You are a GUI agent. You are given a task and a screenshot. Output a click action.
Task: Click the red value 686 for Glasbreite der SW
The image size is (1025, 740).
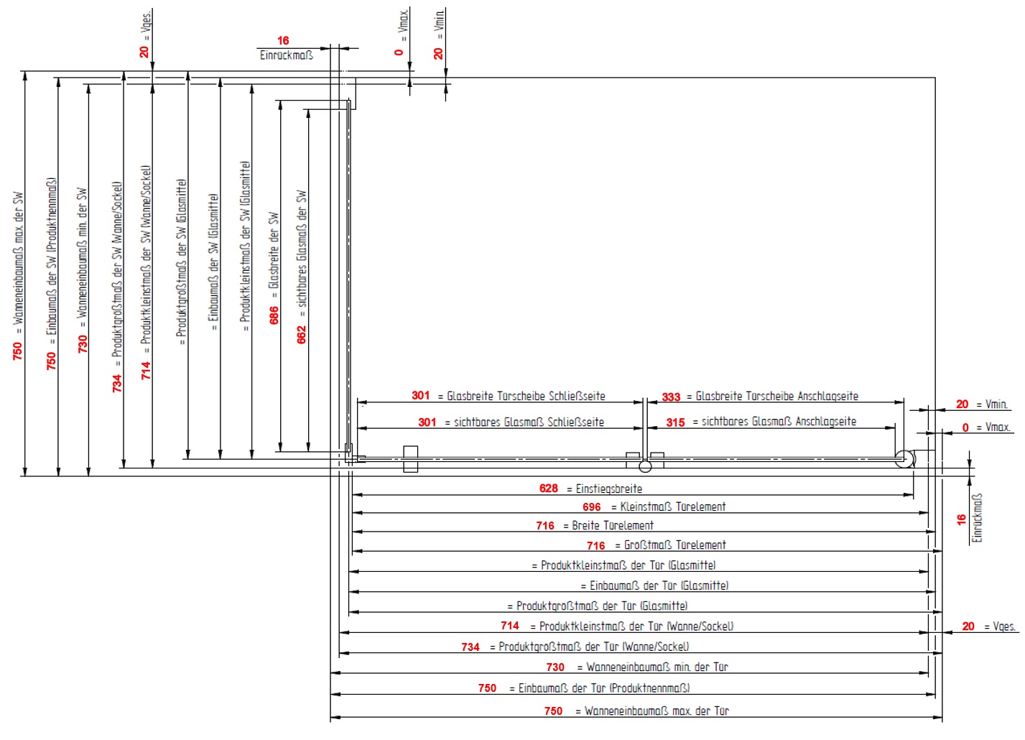274,315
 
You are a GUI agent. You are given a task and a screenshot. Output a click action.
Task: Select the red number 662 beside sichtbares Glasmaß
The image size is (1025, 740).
302,335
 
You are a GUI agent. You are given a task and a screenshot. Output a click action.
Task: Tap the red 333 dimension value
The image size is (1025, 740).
671,397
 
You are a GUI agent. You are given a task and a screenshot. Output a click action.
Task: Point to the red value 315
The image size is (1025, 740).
675,422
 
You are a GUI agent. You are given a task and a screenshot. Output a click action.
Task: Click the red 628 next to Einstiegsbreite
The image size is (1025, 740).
549,489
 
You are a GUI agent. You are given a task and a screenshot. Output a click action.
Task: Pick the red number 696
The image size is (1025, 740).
592,507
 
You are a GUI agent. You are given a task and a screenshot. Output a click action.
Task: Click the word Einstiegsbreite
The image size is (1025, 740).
609,489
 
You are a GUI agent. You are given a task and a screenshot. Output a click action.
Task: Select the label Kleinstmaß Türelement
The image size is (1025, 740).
673,507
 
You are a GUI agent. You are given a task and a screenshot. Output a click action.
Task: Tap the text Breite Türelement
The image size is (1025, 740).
613,526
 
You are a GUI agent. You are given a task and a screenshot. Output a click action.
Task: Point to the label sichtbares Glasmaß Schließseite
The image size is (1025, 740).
529,422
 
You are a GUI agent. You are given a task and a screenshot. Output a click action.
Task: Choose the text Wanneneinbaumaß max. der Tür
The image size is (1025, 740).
657,711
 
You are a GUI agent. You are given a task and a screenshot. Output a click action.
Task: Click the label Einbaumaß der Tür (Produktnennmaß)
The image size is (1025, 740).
604,688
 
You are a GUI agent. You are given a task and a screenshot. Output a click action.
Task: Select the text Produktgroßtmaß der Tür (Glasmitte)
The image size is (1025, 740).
602,606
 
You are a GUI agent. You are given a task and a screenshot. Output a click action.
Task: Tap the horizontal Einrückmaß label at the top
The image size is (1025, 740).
286,55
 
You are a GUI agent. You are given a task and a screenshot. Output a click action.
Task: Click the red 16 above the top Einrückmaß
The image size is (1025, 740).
283,41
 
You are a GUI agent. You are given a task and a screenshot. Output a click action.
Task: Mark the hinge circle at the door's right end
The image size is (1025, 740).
905,459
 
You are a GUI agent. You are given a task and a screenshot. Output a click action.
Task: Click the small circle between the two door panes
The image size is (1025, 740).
645,466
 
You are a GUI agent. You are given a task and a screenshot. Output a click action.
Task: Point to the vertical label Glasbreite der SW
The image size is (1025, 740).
274,250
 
